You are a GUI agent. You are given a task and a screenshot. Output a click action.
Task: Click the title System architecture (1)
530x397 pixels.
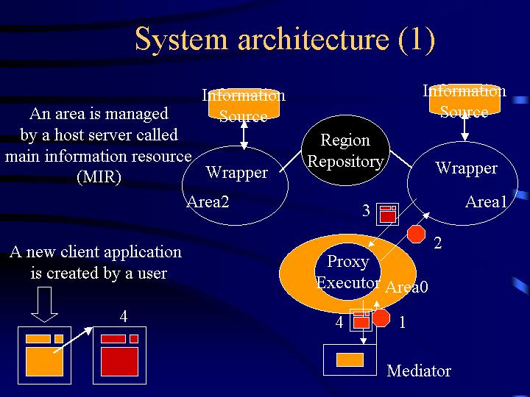point(285,40)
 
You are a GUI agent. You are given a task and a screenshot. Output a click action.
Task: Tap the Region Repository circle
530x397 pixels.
point(345,151)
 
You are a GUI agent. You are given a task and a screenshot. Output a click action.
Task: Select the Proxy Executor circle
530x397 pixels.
point(347,271)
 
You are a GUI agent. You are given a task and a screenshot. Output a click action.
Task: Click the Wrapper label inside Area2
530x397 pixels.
point(236,173)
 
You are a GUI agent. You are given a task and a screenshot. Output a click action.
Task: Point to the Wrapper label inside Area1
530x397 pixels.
point(466,168)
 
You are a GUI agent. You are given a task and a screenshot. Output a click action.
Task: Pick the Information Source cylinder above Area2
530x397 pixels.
point(244,106)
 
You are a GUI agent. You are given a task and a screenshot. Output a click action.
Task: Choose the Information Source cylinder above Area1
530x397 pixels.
point(464,101)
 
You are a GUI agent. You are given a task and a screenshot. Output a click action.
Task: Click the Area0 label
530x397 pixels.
point(406,287)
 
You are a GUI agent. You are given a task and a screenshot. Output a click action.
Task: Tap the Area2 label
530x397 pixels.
point(208,201)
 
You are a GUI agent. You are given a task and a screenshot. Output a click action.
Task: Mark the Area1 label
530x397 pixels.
point(486,201)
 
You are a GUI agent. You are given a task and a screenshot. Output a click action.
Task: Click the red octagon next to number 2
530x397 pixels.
point(417,235)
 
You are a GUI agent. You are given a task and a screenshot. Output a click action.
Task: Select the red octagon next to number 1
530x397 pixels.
point(381,318)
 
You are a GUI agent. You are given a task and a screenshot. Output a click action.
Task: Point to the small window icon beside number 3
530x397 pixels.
point(387,213)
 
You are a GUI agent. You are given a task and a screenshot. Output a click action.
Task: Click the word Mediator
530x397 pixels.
point(419,371)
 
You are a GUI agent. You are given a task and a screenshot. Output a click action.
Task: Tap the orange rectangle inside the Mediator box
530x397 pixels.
point(350,360)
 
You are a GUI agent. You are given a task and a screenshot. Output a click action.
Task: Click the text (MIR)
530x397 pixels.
point(99,177)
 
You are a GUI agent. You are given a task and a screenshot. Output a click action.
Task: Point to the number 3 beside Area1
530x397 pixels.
point(367,212)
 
